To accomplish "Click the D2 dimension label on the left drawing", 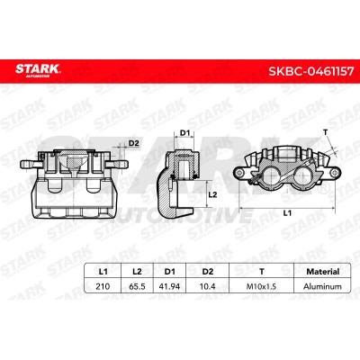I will [134, 142].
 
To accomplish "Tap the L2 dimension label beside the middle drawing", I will [213, 193].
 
